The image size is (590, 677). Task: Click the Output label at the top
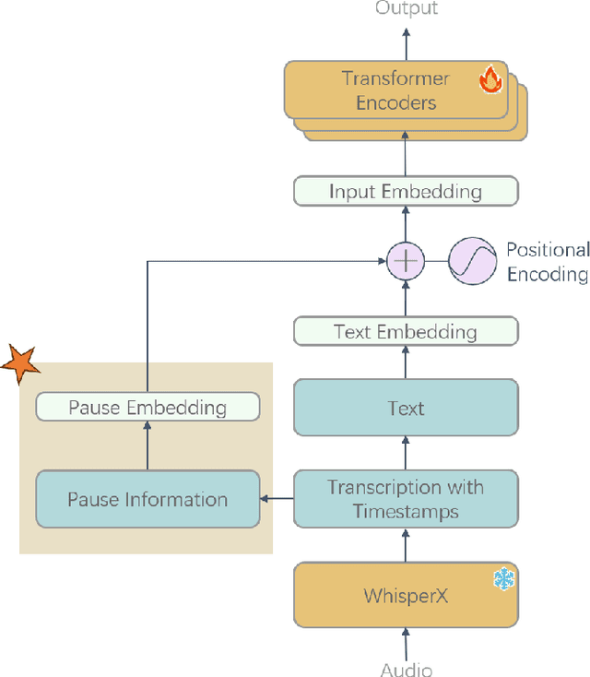click(x=407, y=8)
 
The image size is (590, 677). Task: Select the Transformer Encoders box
click(x=395, y=89)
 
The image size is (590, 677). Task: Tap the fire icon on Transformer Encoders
click(x=490, y=80)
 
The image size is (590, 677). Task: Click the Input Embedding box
click(x=406, y=192)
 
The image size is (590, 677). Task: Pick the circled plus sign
click(x=406, y=262)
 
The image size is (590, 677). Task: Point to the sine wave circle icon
click(x=472, y=262)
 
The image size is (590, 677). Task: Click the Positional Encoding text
click(x=547, y=262)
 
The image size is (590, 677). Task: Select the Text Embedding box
click(x=406, y=331)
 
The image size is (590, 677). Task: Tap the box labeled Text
click(x=406, y=407)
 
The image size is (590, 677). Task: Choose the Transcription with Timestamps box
click(x=406, y=499)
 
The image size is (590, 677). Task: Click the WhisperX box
click(x=406, y=595)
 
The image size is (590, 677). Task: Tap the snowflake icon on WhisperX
click(x=503, y=579)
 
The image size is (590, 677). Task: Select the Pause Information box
click(x=147, y=499)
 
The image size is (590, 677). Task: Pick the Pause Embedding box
click(x=147, y=407)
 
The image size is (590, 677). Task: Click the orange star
click(x=19, y=363)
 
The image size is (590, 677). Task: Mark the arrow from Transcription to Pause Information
click(x=277, y=499)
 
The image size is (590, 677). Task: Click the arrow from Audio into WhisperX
click(x=406, y=642)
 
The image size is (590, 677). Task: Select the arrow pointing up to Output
click(x=406, y=42)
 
